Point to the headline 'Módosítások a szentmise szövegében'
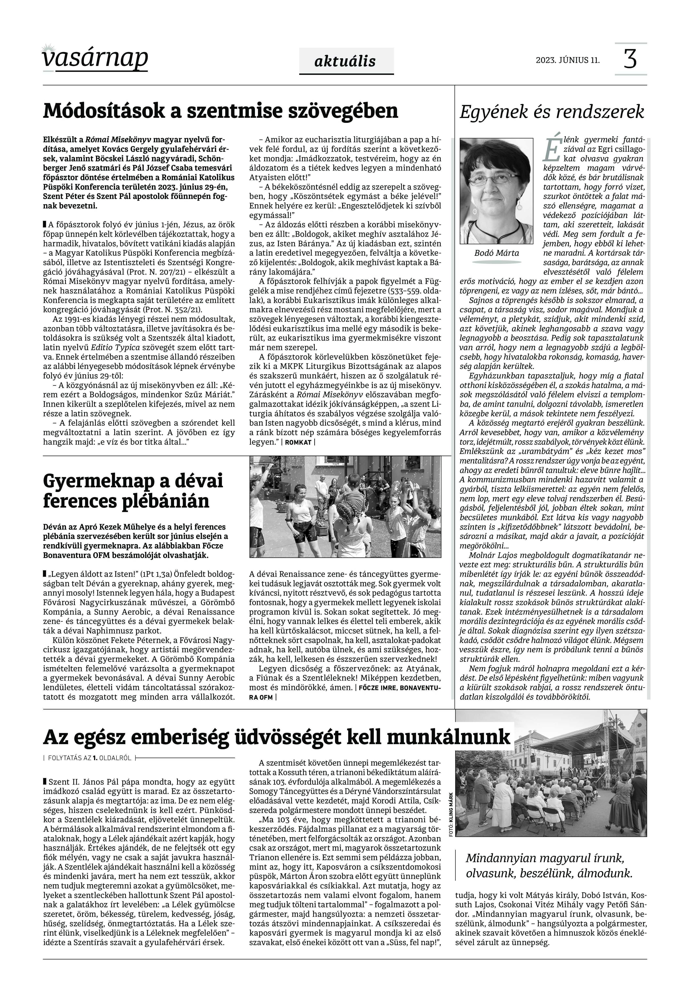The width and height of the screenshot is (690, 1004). tap(221, 111)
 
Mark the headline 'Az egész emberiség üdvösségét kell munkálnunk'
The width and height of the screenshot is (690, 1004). tap(277, 736)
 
